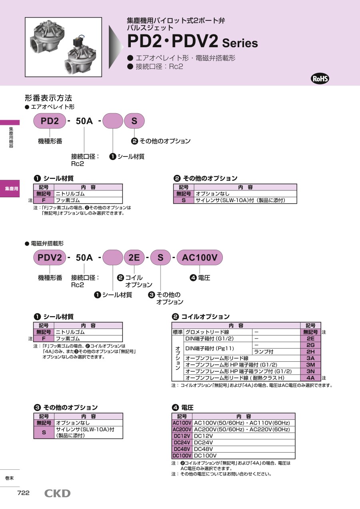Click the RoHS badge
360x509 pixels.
pos(320,78)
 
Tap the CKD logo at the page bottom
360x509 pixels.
pos(57,493)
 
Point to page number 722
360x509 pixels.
pos(23,493)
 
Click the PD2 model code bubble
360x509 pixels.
pos(50,121)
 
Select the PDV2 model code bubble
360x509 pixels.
pos(50,257)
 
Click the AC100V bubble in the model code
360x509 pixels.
pos(200,257)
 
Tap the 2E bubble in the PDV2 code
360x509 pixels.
pos(134,257)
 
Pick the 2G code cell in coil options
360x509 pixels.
pos(310,345)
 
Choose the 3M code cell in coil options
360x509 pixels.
pos(310,365)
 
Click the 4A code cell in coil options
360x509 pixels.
pos(310,378)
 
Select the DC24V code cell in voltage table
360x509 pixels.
pos(182,443)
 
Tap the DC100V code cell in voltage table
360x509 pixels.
pos(182,456)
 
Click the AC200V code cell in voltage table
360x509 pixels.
pos(182,429)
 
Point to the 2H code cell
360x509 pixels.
pos(310,351)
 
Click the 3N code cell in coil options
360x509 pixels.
pos(310,371)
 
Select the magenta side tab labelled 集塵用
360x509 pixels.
pos(10,188)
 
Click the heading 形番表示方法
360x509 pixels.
pos(48,98)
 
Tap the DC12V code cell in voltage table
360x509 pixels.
pos(182,436)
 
